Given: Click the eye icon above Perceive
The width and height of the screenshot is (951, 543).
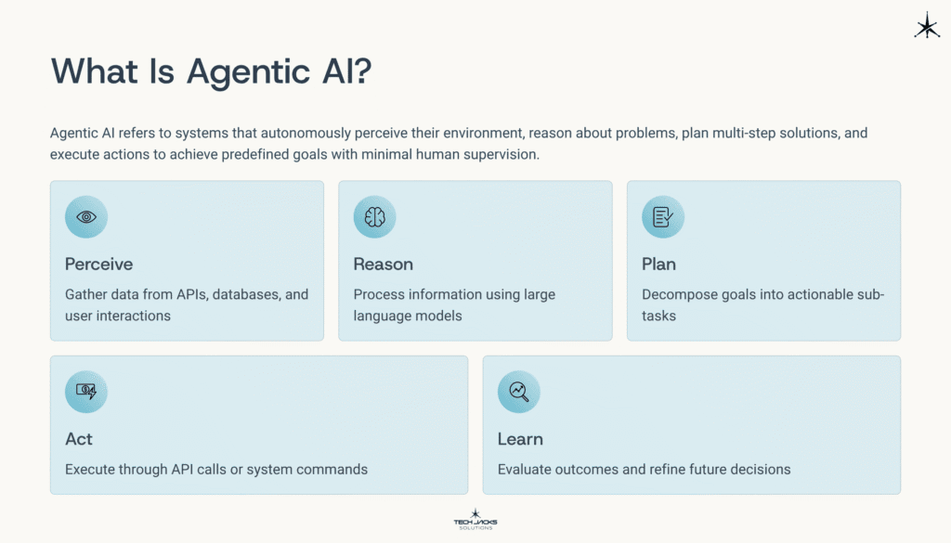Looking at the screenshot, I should pos(86,217).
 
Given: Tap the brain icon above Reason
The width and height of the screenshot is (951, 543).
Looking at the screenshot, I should pos(375,217).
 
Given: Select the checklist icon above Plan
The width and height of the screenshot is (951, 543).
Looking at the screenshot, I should pos(663,217).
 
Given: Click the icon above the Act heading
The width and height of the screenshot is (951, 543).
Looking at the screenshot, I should pos(86,392).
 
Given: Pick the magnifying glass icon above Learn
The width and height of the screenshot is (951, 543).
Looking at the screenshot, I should pos(519,392).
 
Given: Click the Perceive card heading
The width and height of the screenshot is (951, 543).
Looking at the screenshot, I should pos(98,265).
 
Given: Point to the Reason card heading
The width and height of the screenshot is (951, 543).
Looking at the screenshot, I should pos(383,265).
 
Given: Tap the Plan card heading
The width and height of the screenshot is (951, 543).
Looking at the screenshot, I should pos(658,265).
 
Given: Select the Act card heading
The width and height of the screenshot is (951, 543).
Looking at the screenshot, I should pos(79,439).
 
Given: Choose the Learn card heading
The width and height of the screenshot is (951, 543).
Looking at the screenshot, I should pos(520,439).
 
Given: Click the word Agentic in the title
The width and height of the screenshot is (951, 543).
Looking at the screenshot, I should pos(240,71).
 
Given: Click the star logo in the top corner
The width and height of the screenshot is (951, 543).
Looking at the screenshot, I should pos(927,26).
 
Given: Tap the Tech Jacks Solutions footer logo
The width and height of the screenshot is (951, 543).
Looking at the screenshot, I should pos(475,520).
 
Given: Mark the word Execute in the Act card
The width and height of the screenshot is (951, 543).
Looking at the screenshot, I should pos(91,469).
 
